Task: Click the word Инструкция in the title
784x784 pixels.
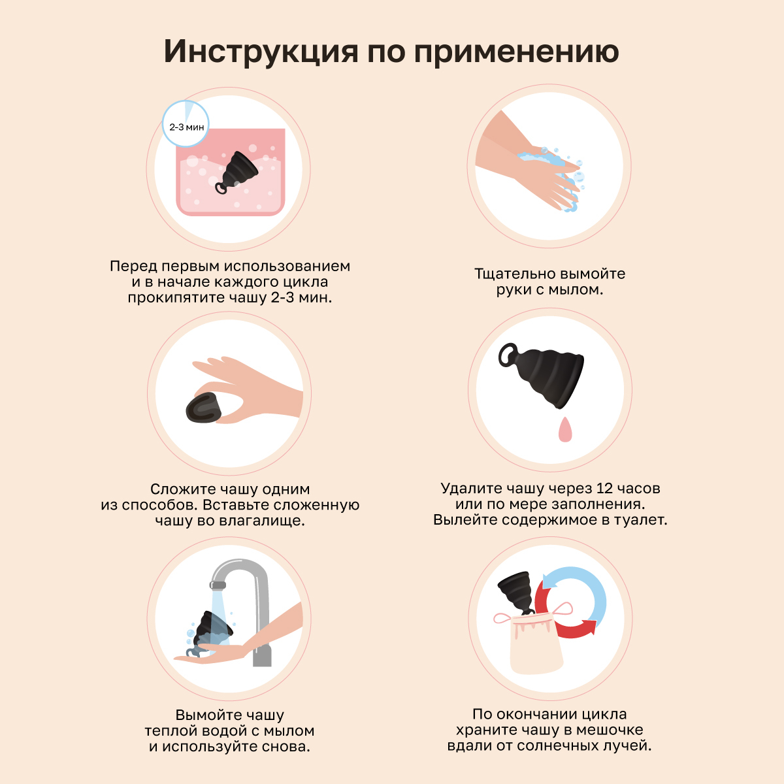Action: click(x=261, y=52)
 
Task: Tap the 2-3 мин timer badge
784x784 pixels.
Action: click(x=186, y=124)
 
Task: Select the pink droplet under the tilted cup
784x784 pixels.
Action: click(x=565, y=429)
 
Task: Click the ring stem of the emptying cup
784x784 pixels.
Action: click(x=509, y=356)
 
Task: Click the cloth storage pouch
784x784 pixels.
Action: click(x=536, y=644)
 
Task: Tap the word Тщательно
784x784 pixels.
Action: click(x=514, y=274)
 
